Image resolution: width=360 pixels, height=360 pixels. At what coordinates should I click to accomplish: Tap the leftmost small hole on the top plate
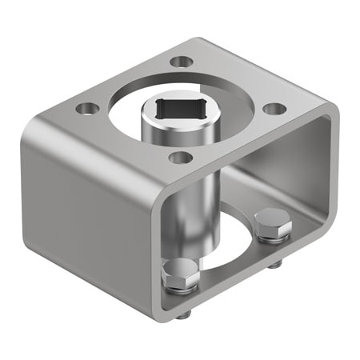click(x=87, y=107)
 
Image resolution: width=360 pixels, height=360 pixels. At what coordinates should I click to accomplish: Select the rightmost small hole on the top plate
click(x=274, y=108)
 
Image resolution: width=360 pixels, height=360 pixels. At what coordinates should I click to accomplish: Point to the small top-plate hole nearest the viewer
click(x=181, y=157)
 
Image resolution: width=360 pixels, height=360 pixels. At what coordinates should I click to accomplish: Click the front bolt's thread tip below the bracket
click(x=183, y=314)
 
